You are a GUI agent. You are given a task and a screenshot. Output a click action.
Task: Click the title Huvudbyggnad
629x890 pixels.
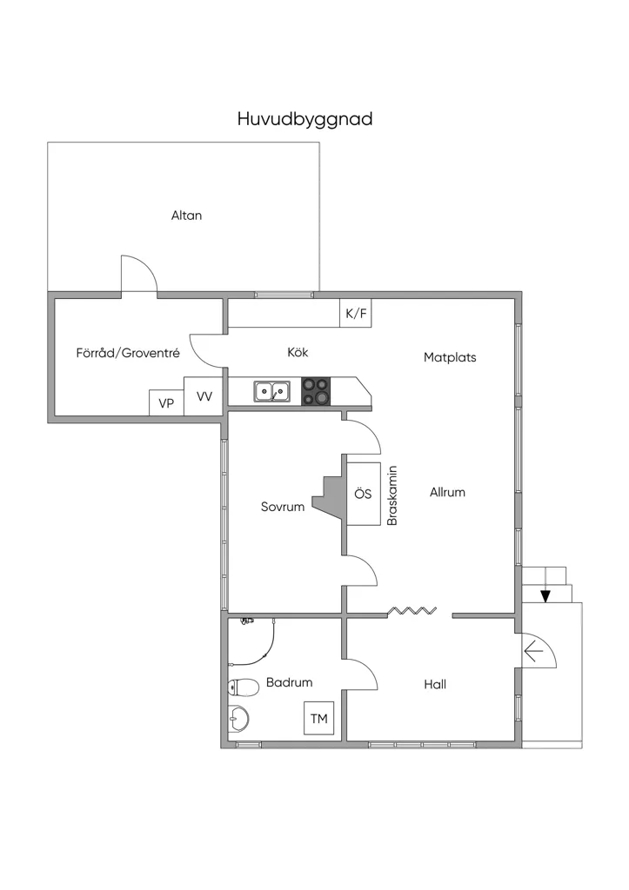[304, 120]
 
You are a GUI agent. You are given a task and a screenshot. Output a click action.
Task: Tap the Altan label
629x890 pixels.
[186, 216]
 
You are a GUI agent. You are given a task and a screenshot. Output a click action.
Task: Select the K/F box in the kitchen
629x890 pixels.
[356, 313]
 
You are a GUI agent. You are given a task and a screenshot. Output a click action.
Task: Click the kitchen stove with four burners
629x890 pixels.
[315, 391]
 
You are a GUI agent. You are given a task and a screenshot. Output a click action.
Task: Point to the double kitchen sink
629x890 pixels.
[271, 391]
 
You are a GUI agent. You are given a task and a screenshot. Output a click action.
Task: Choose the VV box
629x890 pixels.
[204, 396]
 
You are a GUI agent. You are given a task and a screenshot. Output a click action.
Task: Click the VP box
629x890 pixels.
[166, 403]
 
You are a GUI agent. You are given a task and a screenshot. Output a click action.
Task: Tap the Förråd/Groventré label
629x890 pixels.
[128, 353]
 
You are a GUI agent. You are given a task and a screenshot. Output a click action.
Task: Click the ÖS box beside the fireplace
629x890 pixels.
[363, 494]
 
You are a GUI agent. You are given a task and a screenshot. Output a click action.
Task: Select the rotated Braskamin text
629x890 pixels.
[391, 495]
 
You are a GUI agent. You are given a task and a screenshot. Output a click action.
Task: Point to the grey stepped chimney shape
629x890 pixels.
[331, 494]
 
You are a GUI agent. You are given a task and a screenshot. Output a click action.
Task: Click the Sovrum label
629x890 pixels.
[283, 507]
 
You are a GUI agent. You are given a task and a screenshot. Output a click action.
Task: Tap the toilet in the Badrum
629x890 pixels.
[243, 687]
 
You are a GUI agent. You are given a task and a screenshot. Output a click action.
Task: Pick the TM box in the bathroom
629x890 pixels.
[318, 719]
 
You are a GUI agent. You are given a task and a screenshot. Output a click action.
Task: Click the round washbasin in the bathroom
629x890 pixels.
[238, 718]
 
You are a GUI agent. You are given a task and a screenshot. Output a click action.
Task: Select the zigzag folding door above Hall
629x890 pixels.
[412, 611]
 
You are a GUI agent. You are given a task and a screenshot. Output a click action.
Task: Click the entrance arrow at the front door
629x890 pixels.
[533, 650]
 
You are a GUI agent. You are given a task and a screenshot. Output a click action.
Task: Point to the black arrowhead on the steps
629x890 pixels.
[545, 596]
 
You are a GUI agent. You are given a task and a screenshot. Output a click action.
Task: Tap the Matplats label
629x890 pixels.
[450, 357]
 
